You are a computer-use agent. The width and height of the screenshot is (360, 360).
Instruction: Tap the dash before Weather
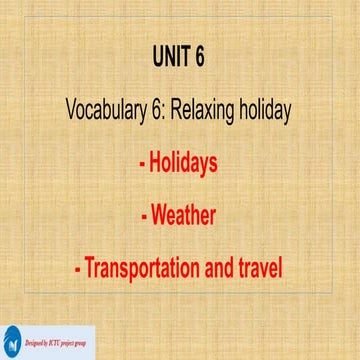(x=142, y=214)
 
